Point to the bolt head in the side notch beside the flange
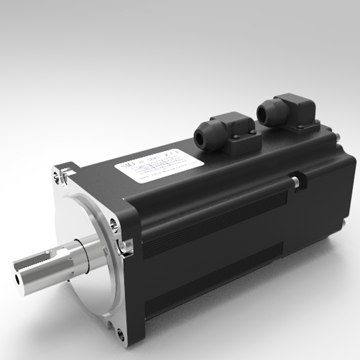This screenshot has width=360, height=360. (x=125, y=244)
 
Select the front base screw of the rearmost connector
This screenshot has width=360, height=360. (x=300, y=127)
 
